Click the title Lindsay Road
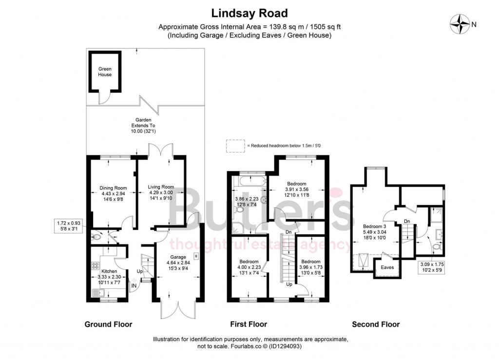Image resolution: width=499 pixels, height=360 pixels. pyautogui.click(x=249, y=13)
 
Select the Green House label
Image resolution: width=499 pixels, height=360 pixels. pyautogui.click(x=105, y=72)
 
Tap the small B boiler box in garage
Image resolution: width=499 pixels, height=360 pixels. pyautogui.click(x=196, y=255)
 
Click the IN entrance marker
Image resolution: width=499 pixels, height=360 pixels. pyautogui.click(x=134, y=285)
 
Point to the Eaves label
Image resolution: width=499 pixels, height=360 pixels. pyautogui.click(x=387, y=267)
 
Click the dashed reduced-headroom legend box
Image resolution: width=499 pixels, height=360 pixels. pyautogui.click(x=235, y=145)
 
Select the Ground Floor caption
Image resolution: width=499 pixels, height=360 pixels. pyautogui.click(x=108, y=324)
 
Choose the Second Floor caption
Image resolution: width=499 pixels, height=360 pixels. pyautogui.click(x=376, y=324)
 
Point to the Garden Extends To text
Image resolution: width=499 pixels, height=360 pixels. pyautogui.click(x=144, y=125)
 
